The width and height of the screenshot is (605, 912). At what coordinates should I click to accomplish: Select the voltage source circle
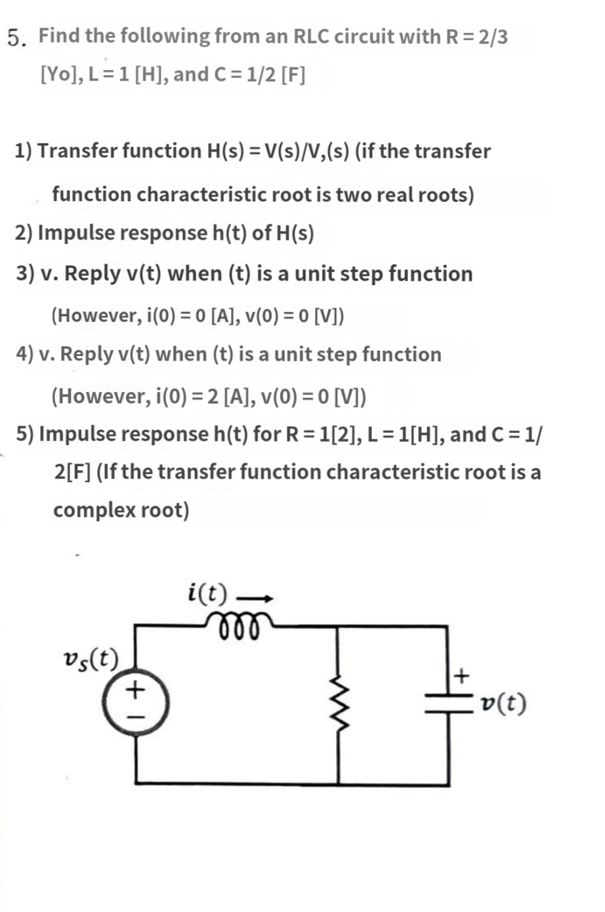click(136, 703)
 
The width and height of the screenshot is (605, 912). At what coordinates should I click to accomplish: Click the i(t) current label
click(207, 593)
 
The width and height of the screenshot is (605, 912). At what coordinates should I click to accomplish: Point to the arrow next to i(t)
click(254, 597)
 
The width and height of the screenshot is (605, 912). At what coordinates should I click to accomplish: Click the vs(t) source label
click(90, 658)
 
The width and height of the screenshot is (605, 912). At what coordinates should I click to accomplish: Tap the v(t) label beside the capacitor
click(503, 704)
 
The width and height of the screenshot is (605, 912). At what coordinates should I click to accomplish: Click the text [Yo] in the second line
click(60, 75)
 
